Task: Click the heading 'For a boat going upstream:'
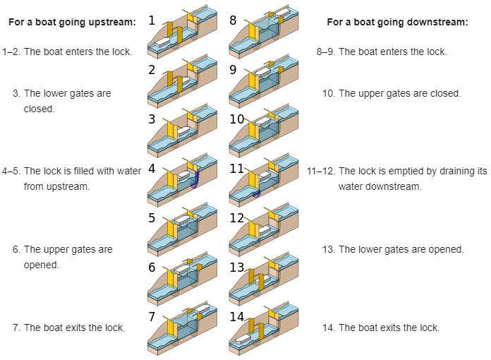72,23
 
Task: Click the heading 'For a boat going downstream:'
397,23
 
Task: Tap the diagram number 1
152,20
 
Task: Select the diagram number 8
234,20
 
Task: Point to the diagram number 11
236,169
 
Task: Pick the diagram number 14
237,317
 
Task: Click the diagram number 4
152,169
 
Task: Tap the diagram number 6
152,268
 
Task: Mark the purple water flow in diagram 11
257,191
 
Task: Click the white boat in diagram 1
163,42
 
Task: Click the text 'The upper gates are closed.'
400,93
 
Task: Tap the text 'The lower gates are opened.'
401,249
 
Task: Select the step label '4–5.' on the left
11,171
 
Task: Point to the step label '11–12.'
320,171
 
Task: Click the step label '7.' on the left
16,328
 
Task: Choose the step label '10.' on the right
328,93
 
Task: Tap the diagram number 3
152,119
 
